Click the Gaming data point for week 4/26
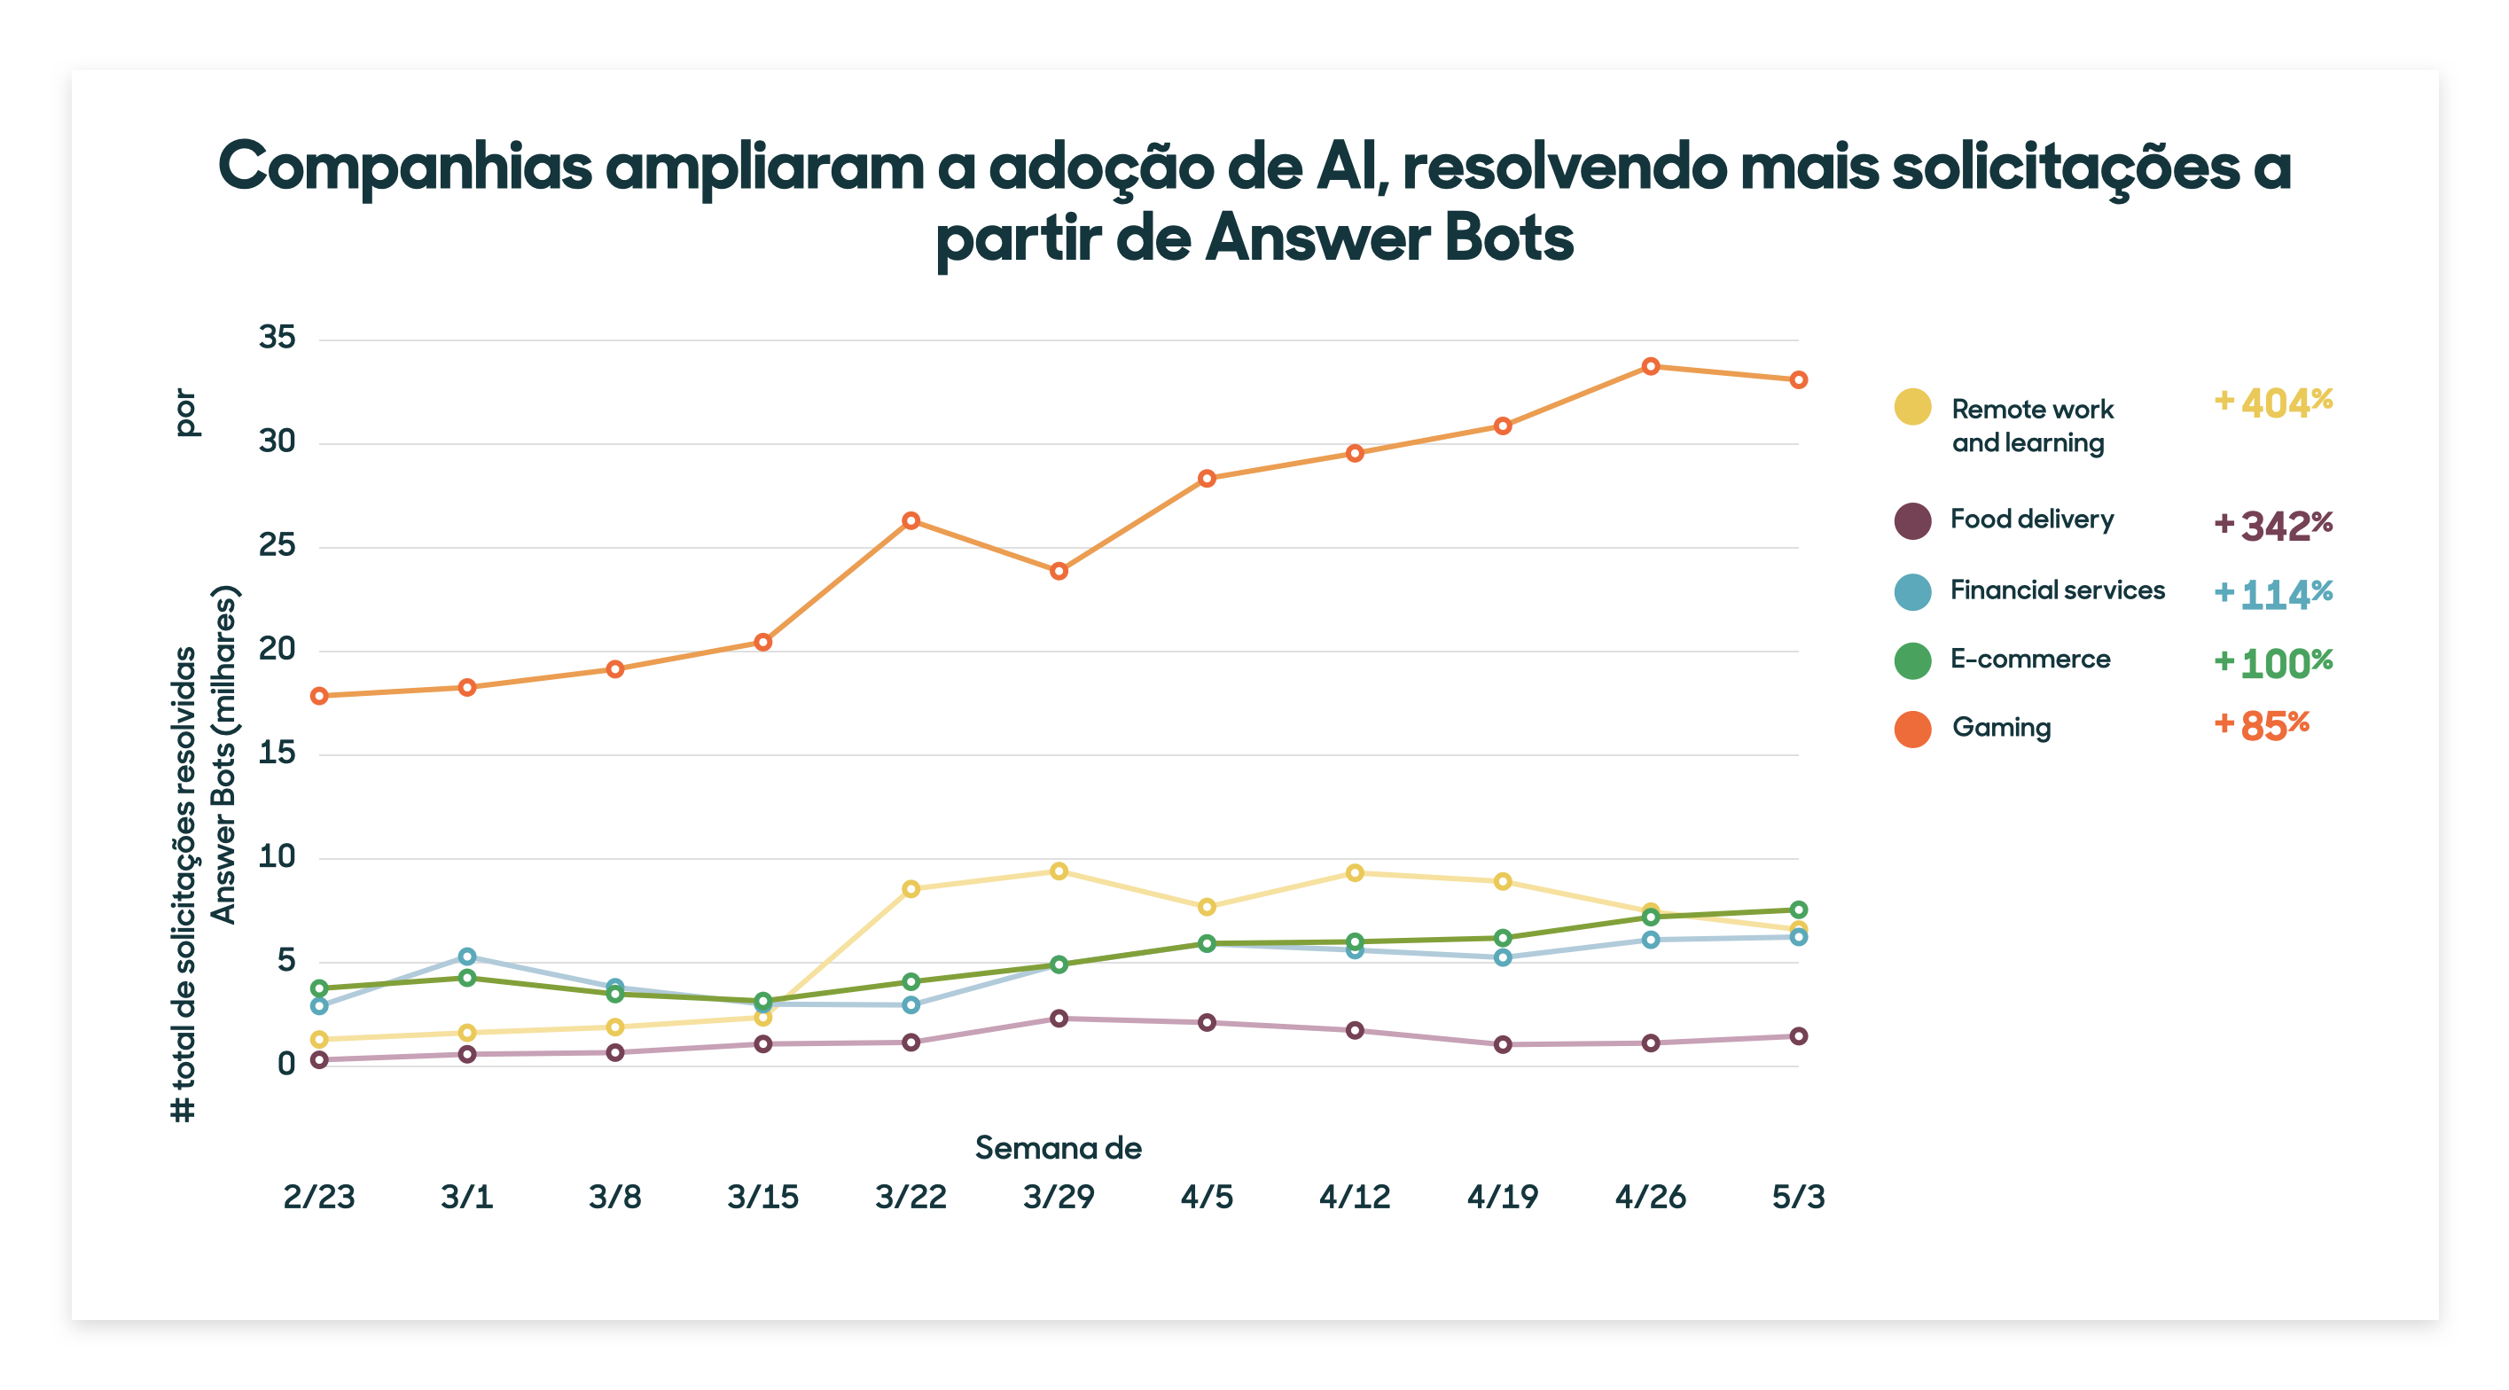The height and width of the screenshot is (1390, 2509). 1650,366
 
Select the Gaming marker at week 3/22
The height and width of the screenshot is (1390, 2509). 911,521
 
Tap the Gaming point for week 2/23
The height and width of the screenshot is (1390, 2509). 319,696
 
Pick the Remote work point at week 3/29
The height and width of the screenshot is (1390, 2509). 1059,871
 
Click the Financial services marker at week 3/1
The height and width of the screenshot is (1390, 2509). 467,957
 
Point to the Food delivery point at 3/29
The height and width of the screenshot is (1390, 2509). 1059,1018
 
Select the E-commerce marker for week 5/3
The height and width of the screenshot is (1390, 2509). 1798,910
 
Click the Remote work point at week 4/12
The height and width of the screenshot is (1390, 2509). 1355,873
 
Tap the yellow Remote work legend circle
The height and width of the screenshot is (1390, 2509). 1912,407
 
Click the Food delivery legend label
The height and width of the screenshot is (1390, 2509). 2032,519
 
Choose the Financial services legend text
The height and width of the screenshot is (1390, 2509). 2057,590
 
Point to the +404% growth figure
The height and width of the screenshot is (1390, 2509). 2273,402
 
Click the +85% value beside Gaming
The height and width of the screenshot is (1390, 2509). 2262,726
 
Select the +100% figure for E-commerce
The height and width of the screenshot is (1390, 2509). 2273,663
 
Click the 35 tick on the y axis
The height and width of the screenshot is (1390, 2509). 277,338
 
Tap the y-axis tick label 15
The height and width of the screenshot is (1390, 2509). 277,753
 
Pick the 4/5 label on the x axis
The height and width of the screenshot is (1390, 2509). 1207,1196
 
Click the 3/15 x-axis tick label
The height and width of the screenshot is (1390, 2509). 762,1196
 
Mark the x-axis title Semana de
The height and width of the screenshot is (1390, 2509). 1058,1148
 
